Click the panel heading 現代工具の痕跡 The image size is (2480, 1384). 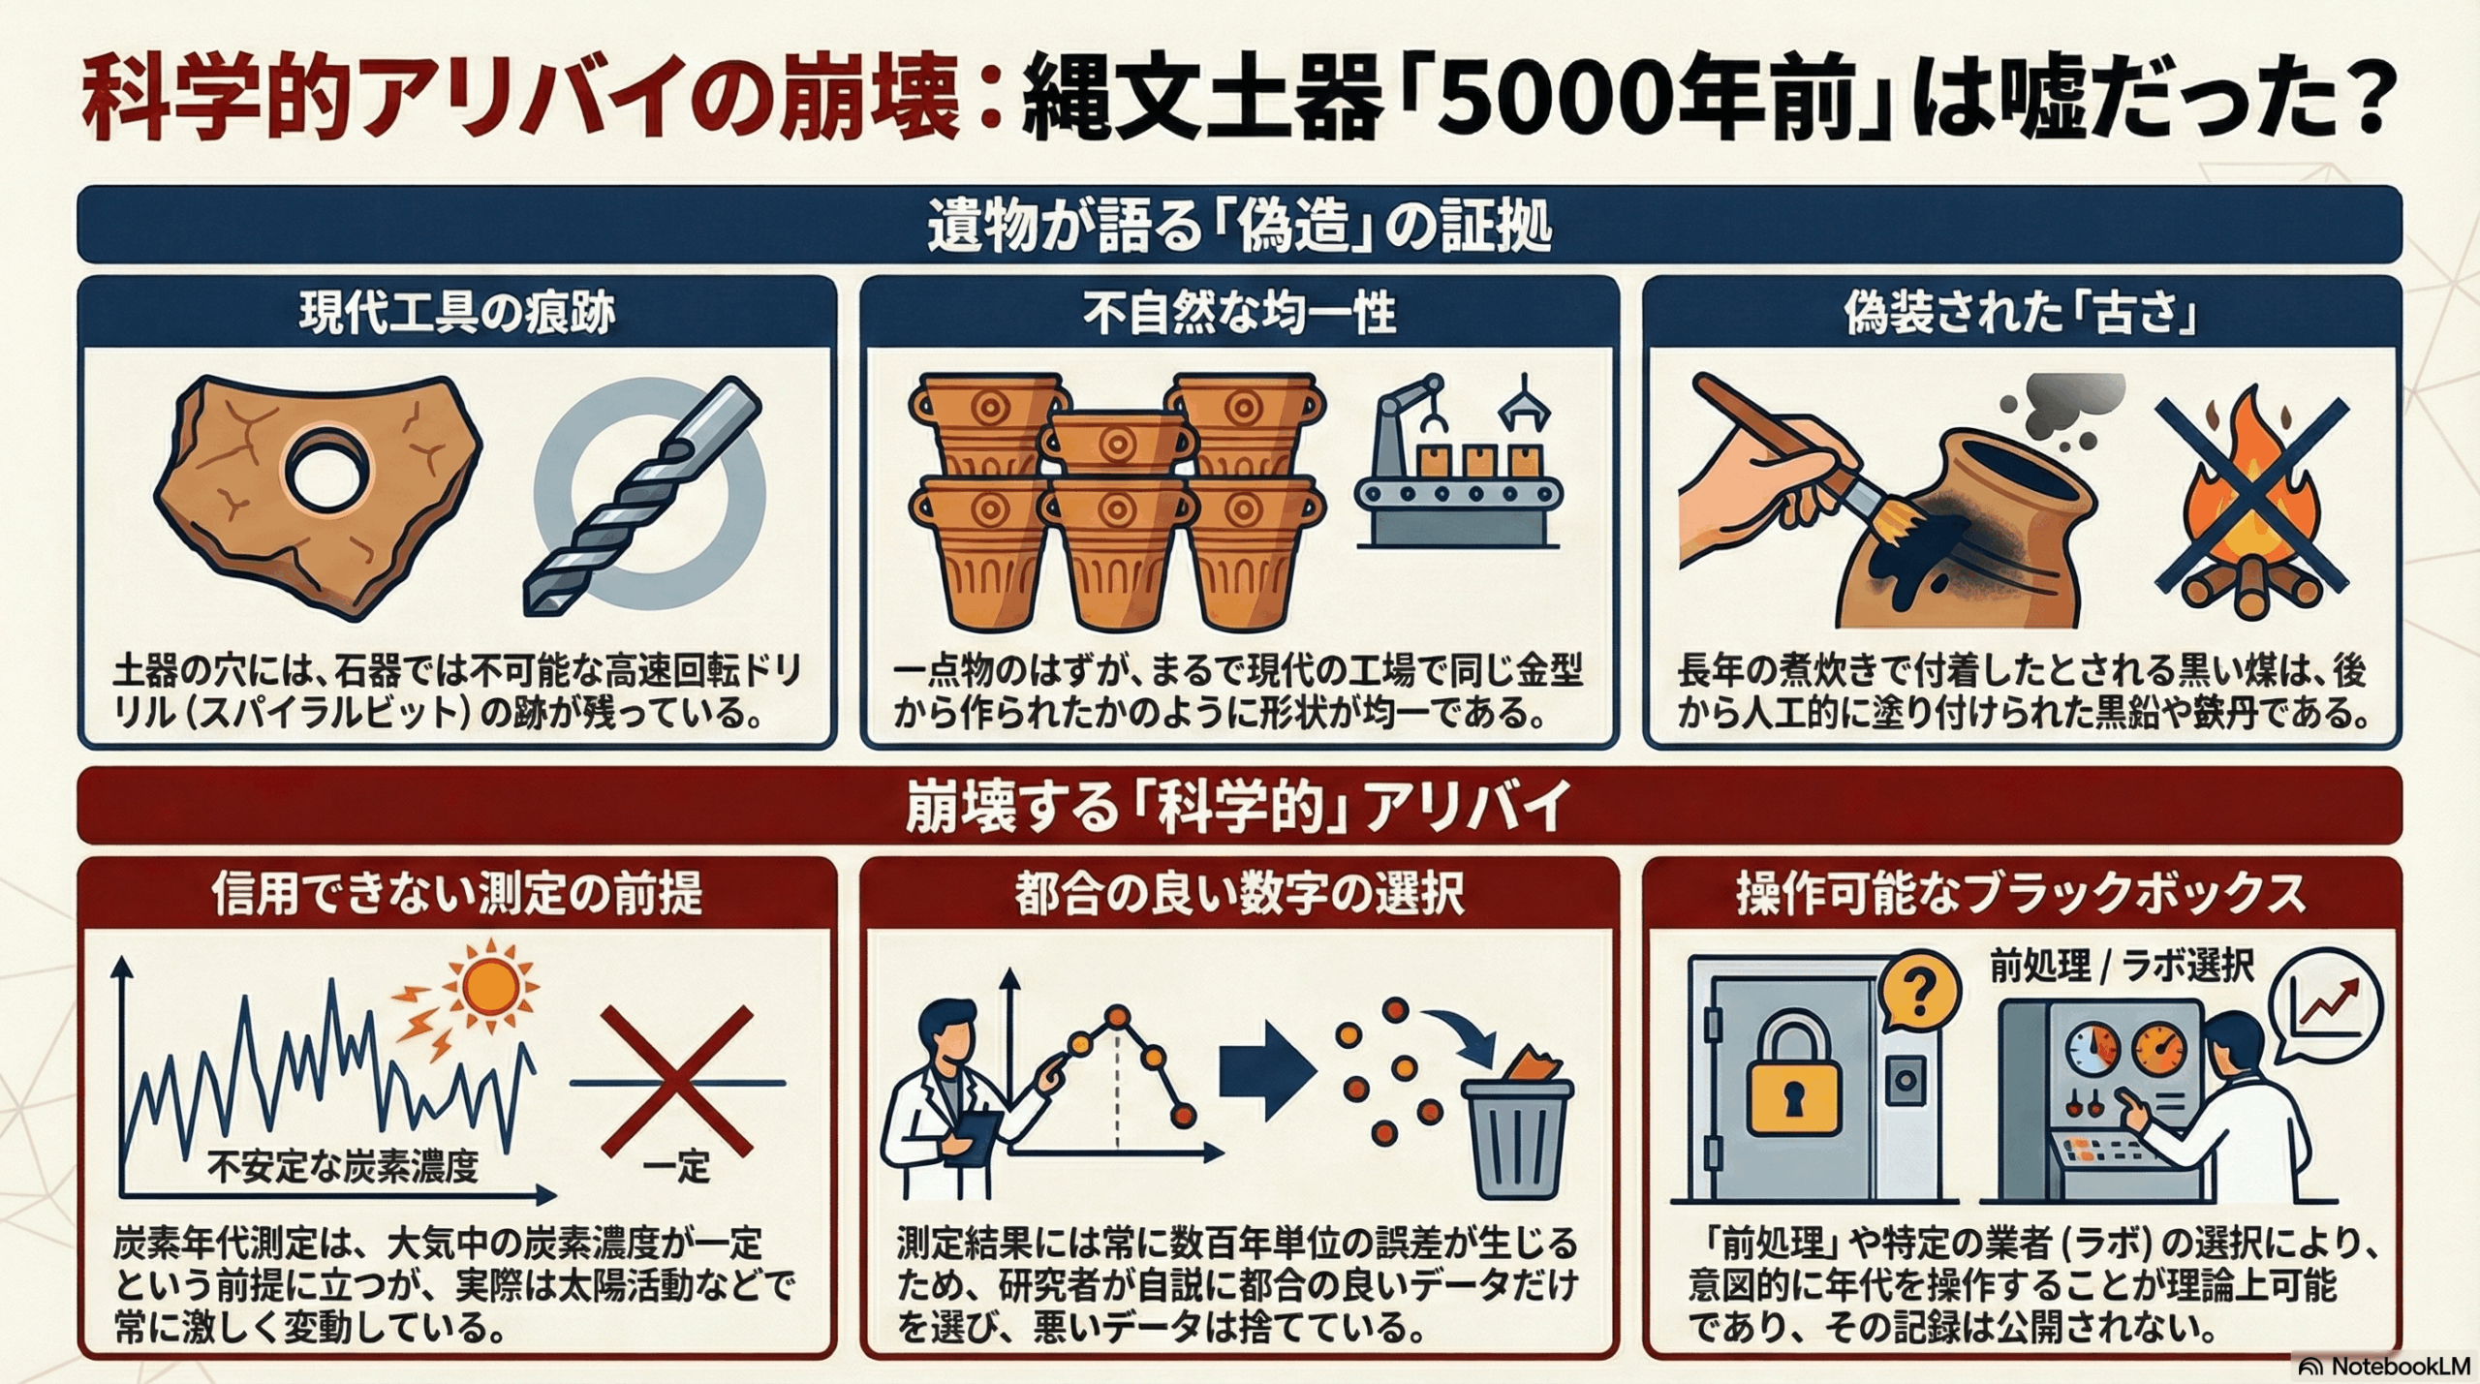[x=456, y=314]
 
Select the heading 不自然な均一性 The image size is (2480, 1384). [x=1239, y=314]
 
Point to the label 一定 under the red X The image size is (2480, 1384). [x=676, y=1167]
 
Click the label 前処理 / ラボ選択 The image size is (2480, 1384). [x=2122, y=968]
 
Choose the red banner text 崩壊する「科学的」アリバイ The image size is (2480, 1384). [x=1237, y=806]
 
